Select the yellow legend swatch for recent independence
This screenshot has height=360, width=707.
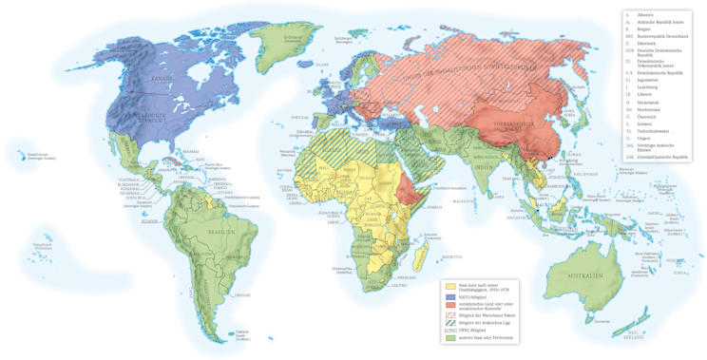449,286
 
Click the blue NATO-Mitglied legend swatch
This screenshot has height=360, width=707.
449,296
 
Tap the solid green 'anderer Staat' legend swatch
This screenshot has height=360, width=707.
449,337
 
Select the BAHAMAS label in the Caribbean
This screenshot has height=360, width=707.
191,151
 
